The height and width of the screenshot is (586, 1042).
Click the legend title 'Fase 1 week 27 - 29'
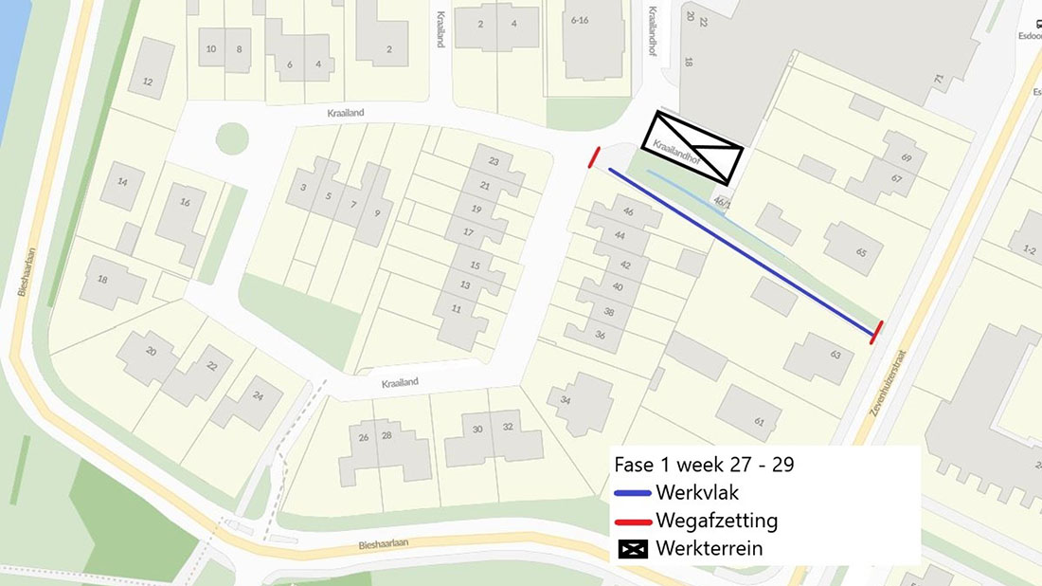tap(704, 465)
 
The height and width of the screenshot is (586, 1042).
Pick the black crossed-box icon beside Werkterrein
tap(632, 548)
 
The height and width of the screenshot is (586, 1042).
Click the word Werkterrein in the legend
tap(709, 548)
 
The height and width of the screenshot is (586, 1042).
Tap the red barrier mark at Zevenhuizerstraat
tap(877, 332)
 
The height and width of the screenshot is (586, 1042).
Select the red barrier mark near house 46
tap(594, 157)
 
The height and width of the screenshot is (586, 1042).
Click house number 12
tap(147, 82)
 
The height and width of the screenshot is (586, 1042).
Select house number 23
tap(494, 162)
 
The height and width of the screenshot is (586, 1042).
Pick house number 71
tap(939, 81)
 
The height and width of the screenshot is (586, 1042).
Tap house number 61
tap(759, 421)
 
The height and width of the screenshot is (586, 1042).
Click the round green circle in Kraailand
tap(232, 138)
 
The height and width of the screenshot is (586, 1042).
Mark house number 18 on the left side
tap(102, 280)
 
